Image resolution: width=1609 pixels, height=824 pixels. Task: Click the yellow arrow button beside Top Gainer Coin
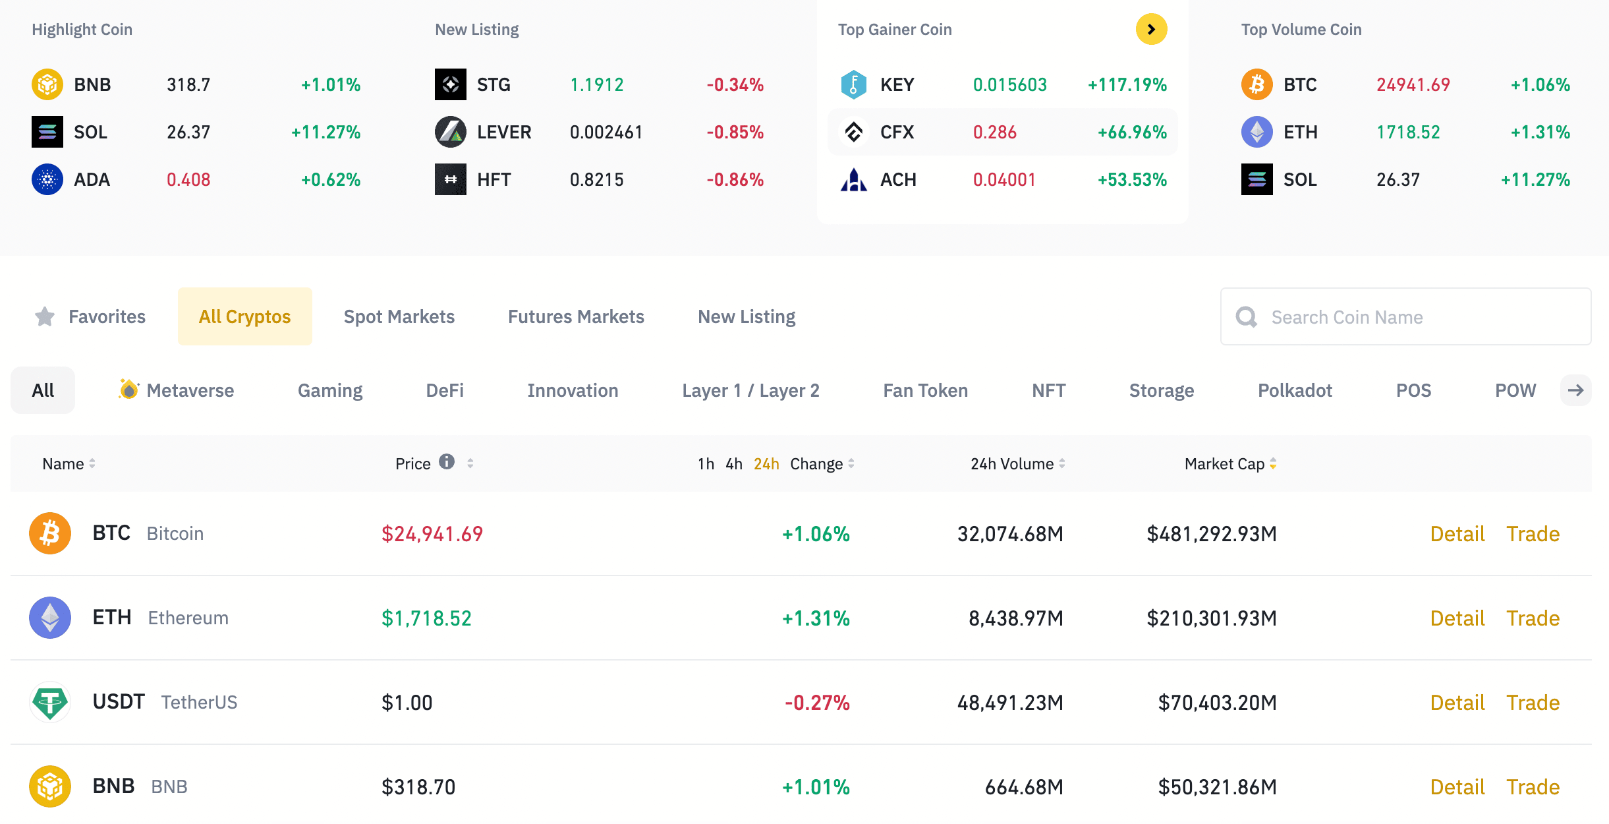tap(1151, 29)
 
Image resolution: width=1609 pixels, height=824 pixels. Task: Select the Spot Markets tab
tap(399, 317)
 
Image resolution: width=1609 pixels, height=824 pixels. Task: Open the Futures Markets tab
tap(576, 317)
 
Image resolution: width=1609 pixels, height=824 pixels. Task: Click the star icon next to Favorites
tap(45, 317)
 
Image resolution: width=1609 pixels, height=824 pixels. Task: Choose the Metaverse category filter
tap(177, 390)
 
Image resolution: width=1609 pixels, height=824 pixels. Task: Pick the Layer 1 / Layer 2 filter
tap(750, 390)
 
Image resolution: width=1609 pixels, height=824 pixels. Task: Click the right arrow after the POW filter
tap(1575, 390)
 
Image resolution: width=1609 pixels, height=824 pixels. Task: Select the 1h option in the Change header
tap(706, 464)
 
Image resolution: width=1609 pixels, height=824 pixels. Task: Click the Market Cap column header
tap(1224, 464)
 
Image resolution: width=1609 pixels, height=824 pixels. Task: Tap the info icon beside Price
tap(447, 461)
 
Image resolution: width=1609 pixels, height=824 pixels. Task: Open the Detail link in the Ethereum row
tap(1457, 618)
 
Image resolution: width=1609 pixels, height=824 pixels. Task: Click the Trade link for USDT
tap(1533, 703)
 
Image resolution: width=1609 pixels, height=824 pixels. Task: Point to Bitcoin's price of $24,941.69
tap(432, 534)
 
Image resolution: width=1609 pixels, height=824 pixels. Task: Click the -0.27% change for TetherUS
tap(817, 703)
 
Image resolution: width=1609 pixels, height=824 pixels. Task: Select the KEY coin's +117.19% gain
tap(1127, 84)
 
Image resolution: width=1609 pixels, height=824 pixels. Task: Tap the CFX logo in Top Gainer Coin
tap(854, 132)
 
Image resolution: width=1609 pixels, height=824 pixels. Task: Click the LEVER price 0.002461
tap(606, 132)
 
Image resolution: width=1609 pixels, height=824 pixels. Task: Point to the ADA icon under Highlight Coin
tap(47, 179)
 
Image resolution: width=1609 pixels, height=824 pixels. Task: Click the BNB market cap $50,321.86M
tap(1217, 787)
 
